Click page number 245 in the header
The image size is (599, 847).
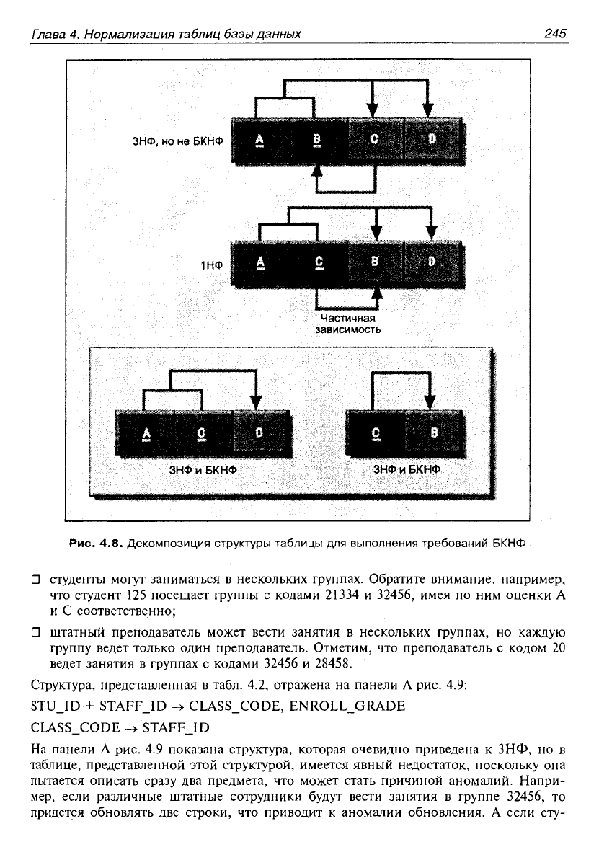click(x=555, y=33)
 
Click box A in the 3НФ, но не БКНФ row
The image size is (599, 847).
click(x=259, y=139)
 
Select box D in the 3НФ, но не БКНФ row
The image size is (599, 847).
click(x=432, y=139)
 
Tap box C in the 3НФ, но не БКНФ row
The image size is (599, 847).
click(x=374, y=139)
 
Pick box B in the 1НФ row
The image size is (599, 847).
click(x=375, y=262)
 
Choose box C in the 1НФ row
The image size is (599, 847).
click(x=319, y=262)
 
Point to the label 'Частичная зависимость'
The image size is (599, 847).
click(x=348, y=324)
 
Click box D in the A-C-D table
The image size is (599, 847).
click(x=259, y=433)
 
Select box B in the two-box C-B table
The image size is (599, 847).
click(x=434, y=433)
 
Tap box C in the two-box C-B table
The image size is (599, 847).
click(x=376, y=433)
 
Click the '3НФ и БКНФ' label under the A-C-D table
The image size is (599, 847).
click(x=203, y=470)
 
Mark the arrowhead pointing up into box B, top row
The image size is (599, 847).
click(x=318, y=168)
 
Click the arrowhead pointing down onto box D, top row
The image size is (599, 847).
click(x=427, y=110)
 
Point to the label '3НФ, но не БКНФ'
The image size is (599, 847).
click(x=178, y=142)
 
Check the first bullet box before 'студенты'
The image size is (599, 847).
click(x=36, y=581)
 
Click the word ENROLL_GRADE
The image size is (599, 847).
click(x=347, y=706)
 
